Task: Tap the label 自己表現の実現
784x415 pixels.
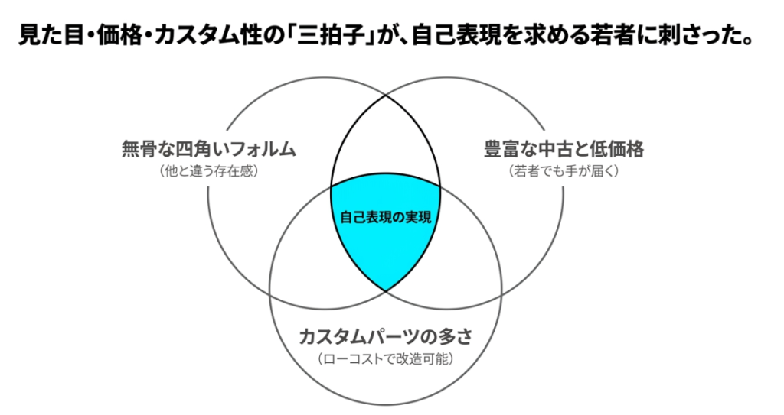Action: tap(386, 217)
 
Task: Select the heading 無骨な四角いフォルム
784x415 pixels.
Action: tap(209, 149)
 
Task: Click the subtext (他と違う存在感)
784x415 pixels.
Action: tap(208, 171)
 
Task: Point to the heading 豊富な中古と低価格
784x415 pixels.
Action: tap(564, 149)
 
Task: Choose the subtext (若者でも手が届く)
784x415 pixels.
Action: tap(564, 171)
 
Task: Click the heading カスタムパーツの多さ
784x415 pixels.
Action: tap(386, 336)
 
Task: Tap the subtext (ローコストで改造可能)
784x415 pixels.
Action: tap(386, 358)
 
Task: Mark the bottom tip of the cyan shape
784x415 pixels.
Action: tap(386, 290)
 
